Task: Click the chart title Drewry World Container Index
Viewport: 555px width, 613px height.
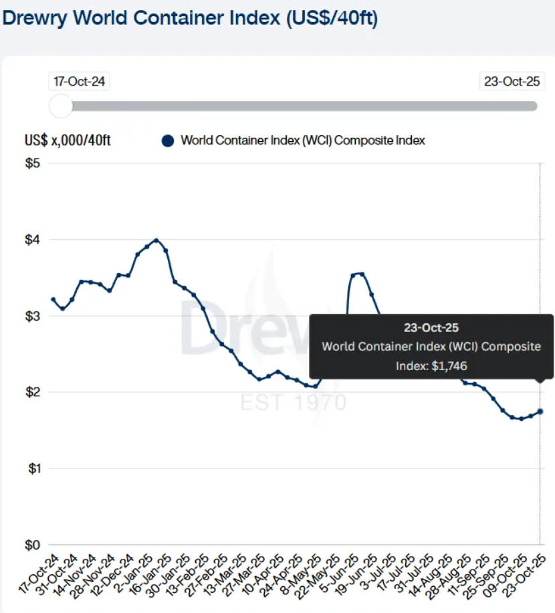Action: tap(190, 18)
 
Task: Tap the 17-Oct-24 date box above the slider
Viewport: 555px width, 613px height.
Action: tap(80, 82)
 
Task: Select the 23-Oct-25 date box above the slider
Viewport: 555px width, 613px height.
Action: tap(512, 82)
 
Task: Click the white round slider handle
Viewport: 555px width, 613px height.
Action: tap(61, 106)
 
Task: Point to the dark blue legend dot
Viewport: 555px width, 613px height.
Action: tap(168, 141)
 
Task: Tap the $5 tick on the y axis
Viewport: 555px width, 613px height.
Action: tap(33, 164)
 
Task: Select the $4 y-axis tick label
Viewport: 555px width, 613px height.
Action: tap(33, 240)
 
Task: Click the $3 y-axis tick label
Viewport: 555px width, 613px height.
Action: tap(33, 316)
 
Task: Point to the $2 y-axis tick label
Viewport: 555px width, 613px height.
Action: tap(33, 392)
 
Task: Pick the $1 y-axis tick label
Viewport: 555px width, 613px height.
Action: tap(33, 468)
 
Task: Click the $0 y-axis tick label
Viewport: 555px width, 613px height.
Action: tap(33, 545)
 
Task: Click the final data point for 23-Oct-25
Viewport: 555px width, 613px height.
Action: tap(540, 412)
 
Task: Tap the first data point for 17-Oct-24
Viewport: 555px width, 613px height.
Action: tap(53, 300)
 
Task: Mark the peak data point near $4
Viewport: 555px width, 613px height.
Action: tap(156, 240)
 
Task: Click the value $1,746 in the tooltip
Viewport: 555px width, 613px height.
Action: tap(450, 365)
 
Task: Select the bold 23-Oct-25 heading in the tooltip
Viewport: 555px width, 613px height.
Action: tap(431, 328)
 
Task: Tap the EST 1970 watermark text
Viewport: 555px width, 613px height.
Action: tap(294, 403)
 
